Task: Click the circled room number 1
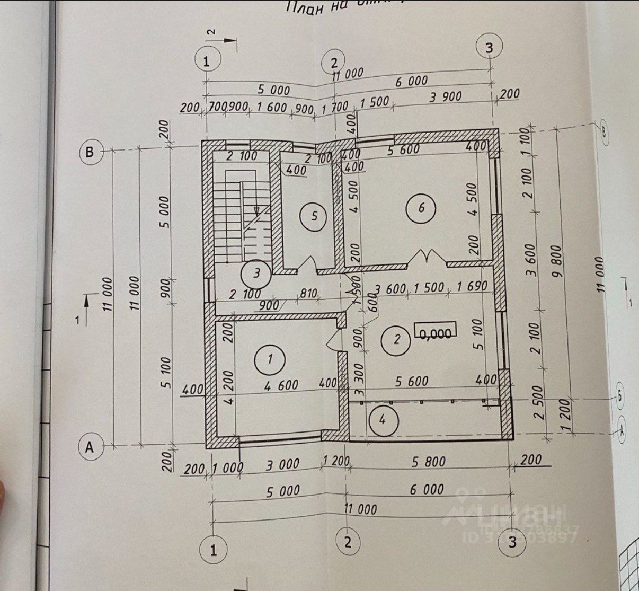270,359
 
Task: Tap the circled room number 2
397,339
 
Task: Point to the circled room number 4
383,420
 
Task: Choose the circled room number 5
314,216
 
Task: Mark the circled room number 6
421,207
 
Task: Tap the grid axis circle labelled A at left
90,447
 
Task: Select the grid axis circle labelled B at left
90,153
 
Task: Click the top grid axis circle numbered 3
489,47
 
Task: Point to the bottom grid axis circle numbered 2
348,542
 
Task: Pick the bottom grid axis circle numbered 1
214,550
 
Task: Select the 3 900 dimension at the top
446,98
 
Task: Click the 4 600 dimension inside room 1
281,385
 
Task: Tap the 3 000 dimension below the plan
282,465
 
